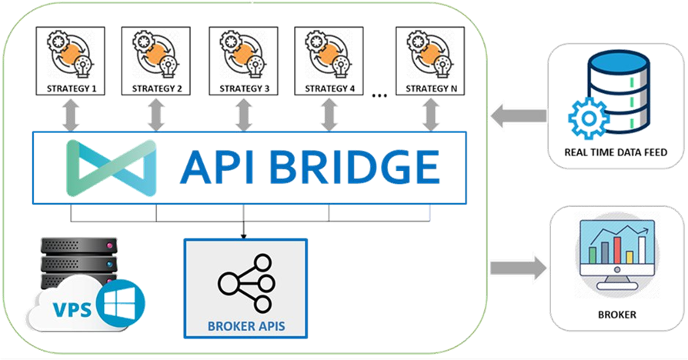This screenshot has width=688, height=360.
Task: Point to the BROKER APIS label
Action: (x=245, y=326)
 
